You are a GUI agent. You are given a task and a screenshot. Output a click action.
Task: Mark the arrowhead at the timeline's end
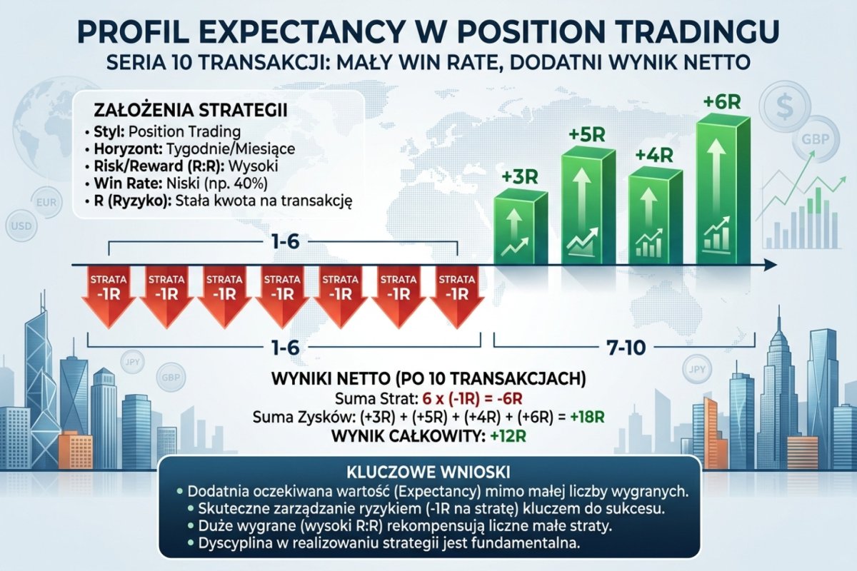771,266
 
